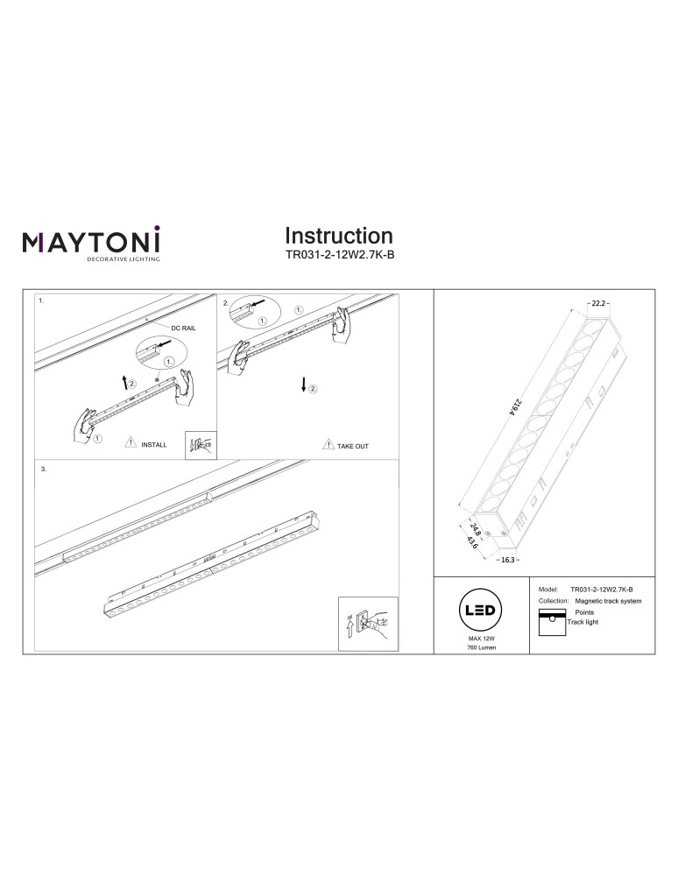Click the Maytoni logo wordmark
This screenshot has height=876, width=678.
point(90,241)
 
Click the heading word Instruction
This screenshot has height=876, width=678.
point(338,236)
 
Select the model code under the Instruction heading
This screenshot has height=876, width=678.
point(338,257)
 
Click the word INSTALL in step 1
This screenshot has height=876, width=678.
point(153,445)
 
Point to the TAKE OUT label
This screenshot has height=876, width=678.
point(352,446)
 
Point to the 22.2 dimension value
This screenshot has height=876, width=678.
point(598,303)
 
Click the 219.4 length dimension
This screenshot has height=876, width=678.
point(507,411)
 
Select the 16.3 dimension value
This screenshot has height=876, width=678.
point(507,558)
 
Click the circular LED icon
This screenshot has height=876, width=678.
point(481,611)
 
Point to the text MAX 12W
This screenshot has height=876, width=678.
point(481,640)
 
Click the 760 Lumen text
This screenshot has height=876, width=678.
point(481,651)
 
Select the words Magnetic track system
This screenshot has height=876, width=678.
point(608,602)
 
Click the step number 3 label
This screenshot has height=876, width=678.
point(43,469)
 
